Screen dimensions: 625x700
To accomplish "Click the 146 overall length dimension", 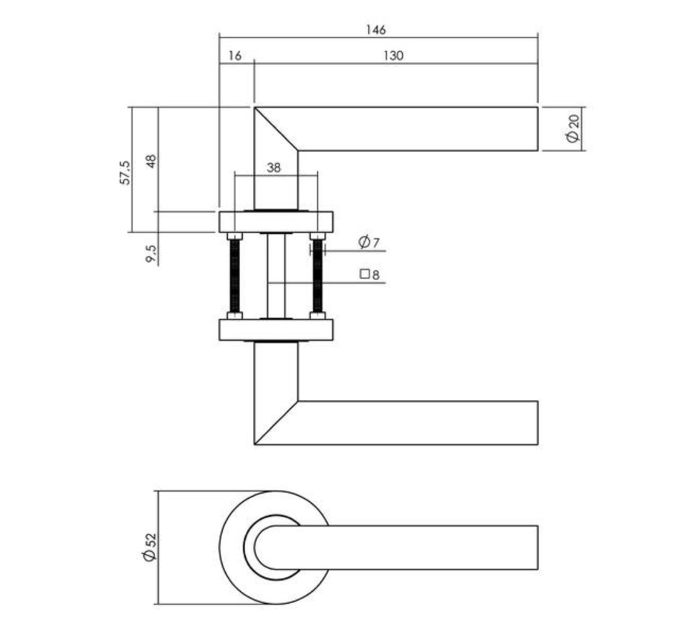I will [x=377, y=29].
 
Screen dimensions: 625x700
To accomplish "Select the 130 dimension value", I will [x=393, y=56].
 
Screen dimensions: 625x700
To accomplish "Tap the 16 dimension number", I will [x=235, y=56].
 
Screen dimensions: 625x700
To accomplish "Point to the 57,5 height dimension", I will [x=125, y=172].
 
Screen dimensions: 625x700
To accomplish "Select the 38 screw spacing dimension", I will [x=274, y=167].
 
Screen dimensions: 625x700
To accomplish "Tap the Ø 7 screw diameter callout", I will [x=368, y=242].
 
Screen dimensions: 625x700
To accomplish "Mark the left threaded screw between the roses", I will [x=235, y=276].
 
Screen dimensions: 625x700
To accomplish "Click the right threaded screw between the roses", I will [x=318, y=276].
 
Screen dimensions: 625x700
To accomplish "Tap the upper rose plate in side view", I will [x=275, y=221].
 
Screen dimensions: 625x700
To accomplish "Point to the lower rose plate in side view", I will [x=275, y=329].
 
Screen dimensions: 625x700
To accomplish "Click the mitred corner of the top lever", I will [x=275, y=129].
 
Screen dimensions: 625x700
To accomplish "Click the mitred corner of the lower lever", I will [x=275, y=422].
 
